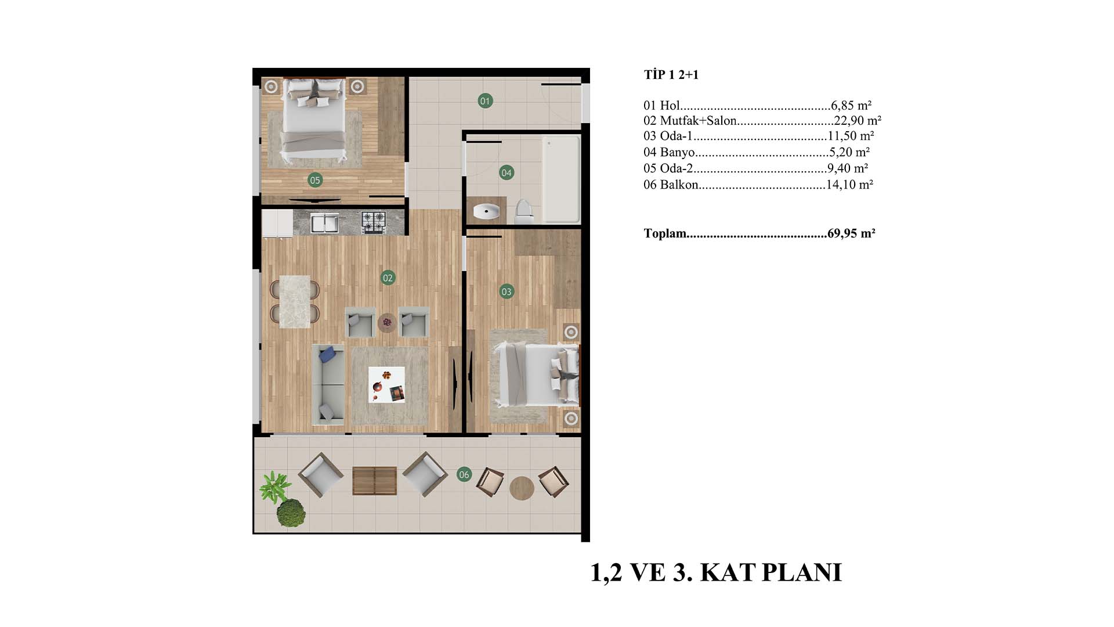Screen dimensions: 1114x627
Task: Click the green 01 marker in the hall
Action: (485, 101)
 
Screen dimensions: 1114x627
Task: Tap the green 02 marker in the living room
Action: (388, 278)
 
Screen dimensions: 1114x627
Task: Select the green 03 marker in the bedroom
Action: (507, 291)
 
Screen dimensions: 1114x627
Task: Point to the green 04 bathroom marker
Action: (507, 172)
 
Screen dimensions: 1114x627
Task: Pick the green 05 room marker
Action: (314, 180)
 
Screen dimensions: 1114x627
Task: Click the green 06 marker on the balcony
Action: (464, 474)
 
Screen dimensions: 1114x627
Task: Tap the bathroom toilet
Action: (524, 212)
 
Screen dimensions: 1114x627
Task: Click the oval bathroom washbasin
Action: (486, 211)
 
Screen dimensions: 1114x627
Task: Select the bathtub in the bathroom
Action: (561, 179)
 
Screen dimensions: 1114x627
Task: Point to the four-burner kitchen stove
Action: (374, 222)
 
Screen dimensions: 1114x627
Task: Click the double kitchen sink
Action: (324, 223)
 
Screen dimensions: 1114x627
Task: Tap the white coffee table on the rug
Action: (387, 384)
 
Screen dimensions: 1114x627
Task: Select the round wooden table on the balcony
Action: (522, 488)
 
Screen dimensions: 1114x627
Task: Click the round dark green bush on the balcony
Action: (290, 513)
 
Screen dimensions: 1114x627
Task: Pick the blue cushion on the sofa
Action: (327, 354)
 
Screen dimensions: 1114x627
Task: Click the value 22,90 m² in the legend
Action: (858, 121)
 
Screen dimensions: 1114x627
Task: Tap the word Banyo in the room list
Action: (677, 152)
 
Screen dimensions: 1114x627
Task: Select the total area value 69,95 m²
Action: (851, 233)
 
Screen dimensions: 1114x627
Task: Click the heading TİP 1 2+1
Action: (671, 75)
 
